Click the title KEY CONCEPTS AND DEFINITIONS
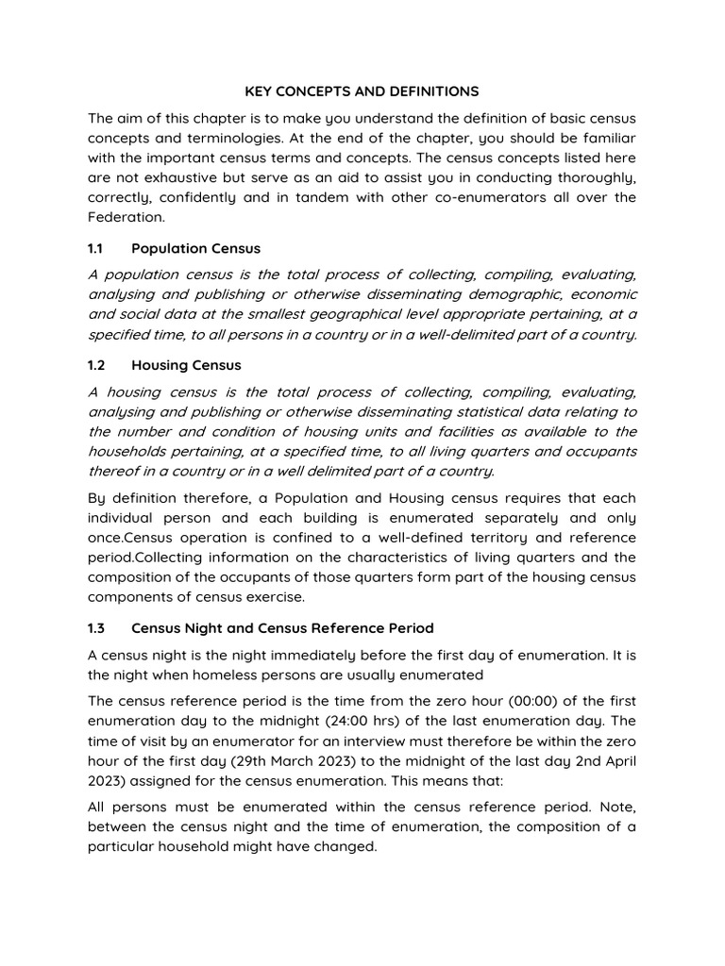point(362,92)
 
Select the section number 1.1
point(96,248)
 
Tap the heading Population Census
point(195,248)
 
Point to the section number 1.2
point(97,365)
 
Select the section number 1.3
point(97,627)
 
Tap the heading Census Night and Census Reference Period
point(282,627)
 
